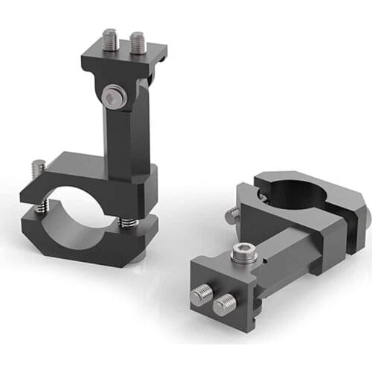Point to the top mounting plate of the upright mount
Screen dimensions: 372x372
[123, 60]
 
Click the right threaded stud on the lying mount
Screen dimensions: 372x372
[224, 303]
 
